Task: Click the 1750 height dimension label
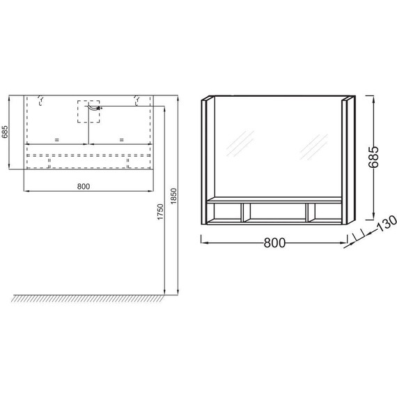tap(161, 212)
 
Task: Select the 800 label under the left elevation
tap(84, 186)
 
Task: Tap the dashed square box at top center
tap(88, 111)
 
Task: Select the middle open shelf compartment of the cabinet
tap(275, 212)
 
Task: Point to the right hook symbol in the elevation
tap(136, 101)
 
